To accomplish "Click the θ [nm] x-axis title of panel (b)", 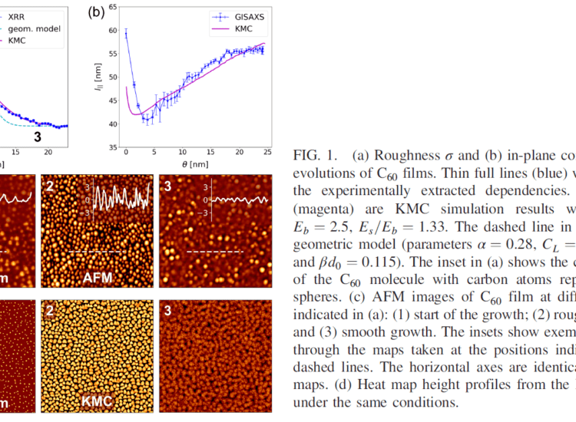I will (x=196, y=166).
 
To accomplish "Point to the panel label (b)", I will (x=96, y=12).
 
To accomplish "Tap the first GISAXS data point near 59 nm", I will (x=126, y=33).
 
